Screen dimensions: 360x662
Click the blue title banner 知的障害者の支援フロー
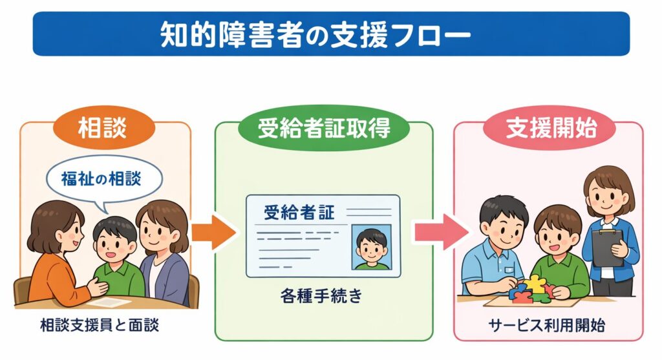click(331, 34)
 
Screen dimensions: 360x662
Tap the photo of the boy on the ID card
click(372, 248)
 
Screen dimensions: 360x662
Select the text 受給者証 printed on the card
click(299, 212)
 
